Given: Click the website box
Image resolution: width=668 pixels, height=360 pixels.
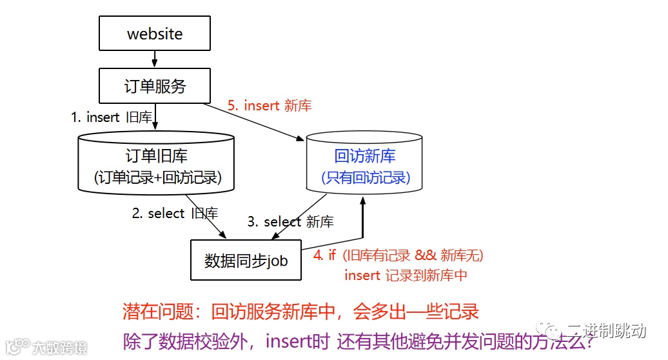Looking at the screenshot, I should click(x=155, y=34).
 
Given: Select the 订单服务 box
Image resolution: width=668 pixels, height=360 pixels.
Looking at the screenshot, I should click(x=155, y=86).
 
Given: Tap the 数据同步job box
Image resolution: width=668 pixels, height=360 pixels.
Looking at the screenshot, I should click(x=246, y=261).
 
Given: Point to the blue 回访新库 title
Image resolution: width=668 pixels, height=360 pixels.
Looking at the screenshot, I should click(x=365, y=156).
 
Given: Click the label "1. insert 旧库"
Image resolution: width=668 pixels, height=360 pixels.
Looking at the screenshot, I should click(x=112, y=117).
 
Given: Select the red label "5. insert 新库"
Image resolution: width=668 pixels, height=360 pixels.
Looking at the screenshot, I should click(x=270, y=106).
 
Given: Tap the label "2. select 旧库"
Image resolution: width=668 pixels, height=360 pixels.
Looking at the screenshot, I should click(x=175, y=214).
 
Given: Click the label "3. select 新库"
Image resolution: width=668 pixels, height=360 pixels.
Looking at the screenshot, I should click(x=290, y=222).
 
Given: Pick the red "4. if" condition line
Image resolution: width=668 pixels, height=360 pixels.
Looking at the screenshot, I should click(x=398, y=255).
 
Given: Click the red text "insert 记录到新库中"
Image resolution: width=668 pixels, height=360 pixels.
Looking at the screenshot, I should click(x=406, y=275).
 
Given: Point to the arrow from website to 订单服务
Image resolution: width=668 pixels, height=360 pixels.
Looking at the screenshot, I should click(x=155, y=59).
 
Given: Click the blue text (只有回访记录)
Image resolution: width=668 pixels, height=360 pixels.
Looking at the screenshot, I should click(x=366, y=177).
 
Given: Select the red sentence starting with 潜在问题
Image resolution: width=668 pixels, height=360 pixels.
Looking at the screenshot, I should click(x=301, y=313).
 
